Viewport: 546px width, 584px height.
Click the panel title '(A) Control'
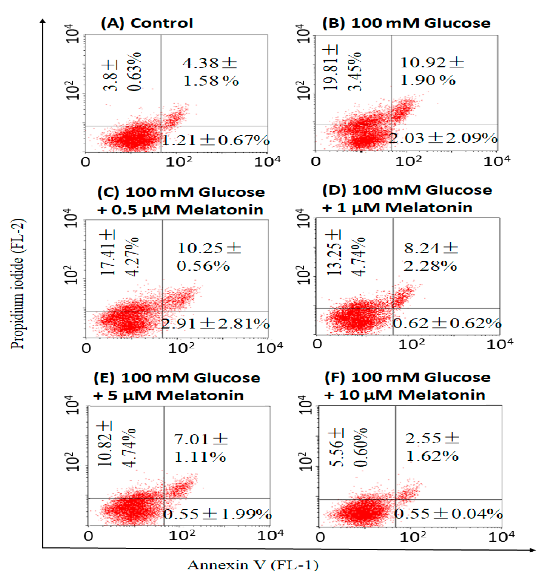147,23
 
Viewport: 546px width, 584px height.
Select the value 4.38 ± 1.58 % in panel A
210,72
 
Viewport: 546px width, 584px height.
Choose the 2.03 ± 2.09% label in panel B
443,138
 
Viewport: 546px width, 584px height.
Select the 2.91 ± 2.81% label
215,324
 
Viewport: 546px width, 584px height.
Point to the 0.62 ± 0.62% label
447,323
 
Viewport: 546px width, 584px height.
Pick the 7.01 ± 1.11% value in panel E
201,448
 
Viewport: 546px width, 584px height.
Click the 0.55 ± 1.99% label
217,514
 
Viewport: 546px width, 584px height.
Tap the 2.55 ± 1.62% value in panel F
432,447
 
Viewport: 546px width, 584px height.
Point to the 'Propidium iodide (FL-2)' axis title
18,283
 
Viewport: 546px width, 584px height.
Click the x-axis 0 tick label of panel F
320,537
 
